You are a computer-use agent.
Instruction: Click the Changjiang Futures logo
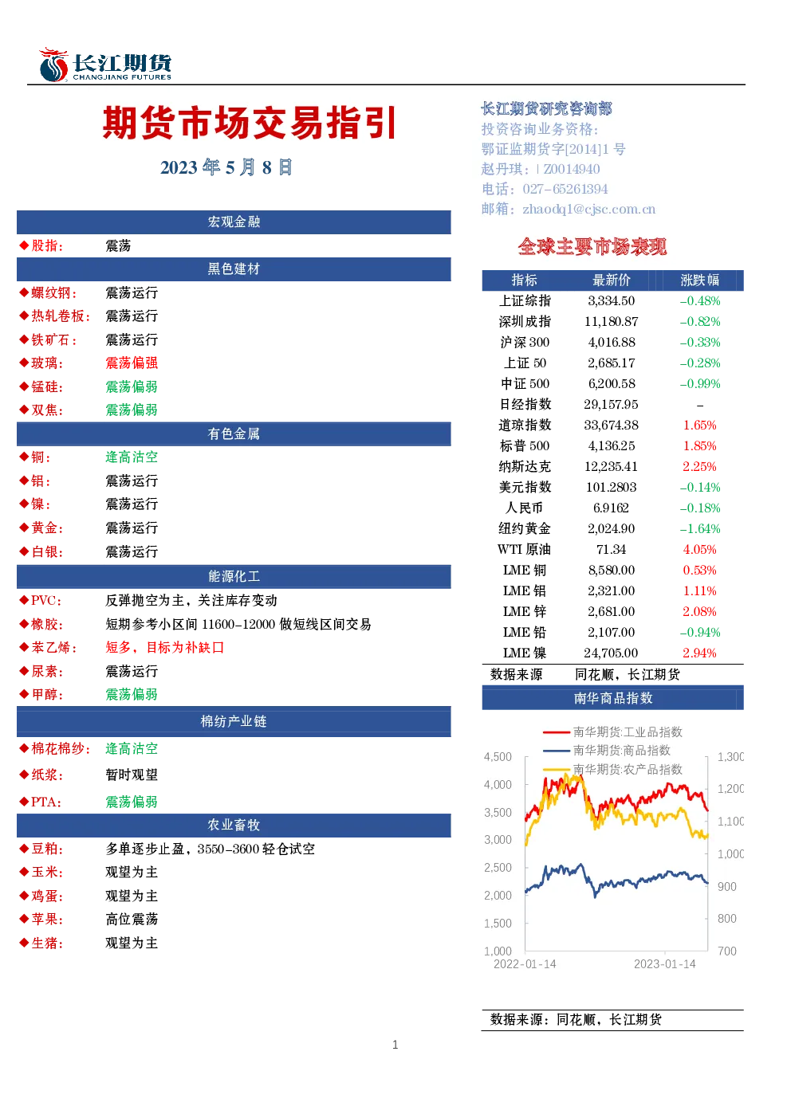tap(105, 65)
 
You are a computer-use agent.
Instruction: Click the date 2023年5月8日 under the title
tap(226, 167)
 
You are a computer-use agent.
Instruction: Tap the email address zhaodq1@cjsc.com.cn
tap(588, 209)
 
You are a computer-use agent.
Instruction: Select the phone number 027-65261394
tap(565, 189)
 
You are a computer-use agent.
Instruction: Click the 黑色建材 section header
tap(234, 269)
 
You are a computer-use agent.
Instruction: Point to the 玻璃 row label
tap(47, 363)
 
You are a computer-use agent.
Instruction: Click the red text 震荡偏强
tap(132, 363)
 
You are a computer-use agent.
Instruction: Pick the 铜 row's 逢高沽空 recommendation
tap(132, 457)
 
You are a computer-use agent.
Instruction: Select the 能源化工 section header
tap(234, 576)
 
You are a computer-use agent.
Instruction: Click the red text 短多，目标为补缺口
tap(165, 647)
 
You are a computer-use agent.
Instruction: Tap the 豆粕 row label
tap(47, 849)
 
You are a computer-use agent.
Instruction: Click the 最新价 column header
tap(612, 280)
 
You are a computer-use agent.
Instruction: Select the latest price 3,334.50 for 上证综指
tap(612, 300)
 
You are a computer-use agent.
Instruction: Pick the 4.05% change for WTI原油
tap(699, 549)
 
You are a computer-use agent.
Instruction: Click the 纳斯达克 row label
tap(525, 466)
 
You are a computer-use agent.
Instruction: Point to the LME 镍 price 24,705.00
tap(612, 653)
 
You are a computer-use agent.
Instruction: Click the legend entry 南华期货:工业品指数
tap(628, 732)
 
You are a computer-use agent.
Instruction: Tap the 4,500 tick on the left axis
tap(498, 757)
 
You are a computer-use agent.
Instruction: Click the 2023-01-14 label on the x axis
tap(665, 963)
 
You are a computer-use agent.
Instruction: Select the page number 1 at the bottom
tap(395, 1045)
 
